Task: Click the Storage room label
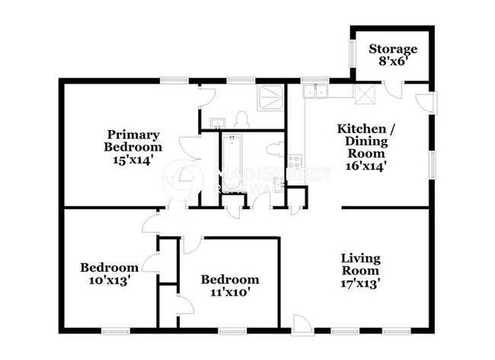394,49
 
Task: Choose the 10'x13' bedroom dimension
110,279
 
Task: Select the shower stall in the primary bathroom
270,97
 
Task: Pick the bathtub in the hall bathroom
230,161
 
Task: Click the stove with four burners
295,161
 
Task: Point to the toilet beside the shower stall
242,119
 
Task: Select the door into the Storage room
394,88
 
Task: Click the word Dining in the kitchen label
366,141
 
